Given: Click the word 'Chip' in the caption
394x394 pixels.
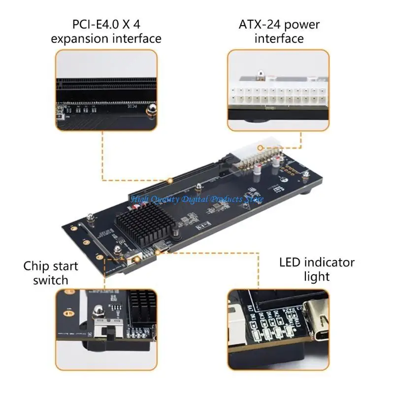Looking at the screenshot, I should pyautogui.click(x=36, y=266).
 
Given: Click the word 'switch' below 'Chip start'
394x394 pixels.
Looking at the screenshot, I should pyautogui.click(x=51, y=281).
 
